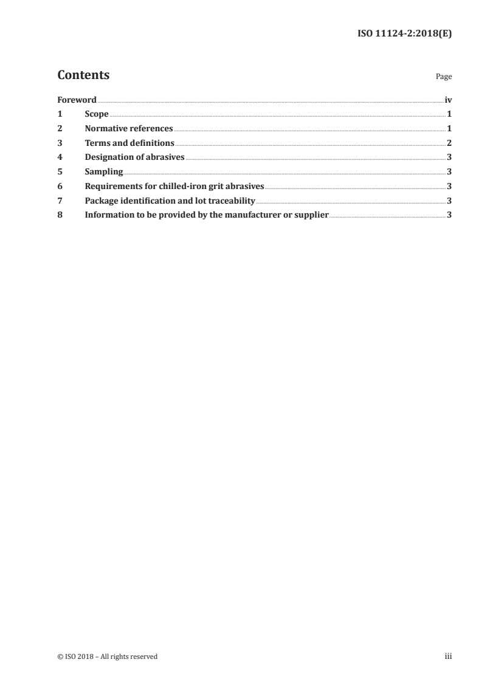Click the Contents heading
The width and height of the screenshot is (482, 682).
click(83, 75)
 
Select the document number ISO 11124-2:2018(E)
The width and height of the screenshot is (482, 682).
click(404, 34)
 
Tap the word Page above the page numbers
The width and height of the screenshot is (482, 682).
click(444, 77)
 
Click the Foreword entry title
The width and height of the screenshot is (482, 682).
click(77, 100)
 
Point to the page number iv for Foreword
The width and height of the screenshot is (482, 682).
click(448, 100)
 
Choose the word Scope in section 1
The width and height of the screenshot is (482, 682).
click(97, 114)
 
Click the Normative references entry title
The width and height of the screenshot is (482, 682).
click(129, 129)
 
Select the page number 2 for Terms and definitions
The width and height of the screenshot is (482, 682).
click(449, 143)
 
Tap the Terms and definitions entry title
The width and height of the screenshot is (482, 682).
click(129, 143)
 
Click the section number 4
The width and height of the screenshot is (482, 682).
click(60, 157)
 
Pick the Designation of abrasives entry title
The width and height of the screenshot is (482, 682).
click(134, 157)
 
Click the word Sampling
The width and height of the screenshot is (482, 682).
click(104, 172)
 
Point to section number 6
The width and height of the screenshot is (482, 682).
click(60, 187)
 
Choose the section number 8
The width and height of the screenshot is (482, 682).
click(60, 215)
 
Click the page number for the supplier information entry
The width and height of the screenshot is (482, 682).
click(449, 215)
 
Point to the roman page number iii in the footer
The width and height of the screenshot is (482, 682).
click(448, 656)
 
